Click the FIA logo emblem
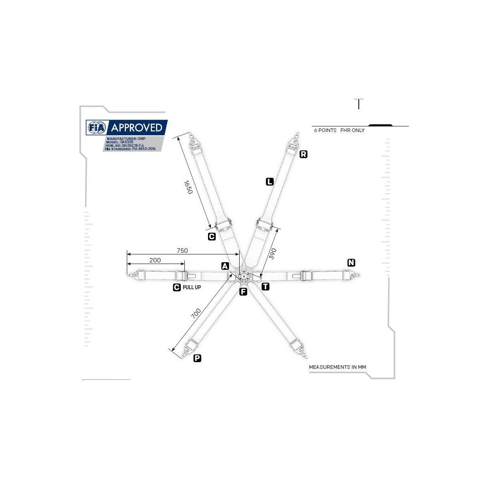pyautogui.click(x=97, y=128)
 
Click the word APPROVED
pyautogui.click(x=136, y=128)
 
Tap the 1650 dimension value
pyautogui.click(x=188, y=187)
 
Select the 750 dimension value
pyautogui.click(x=182, y=250)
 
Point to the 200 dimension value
pyautogui.click(x=155, y=260)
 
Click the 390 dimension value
pyautogui.click(x=273, y=254)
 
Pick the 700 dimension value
pyautogui.click(x=196, y=313)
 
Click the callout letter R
pyautogui.click(x=303, y=154)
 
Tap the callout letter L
pyautogui.click(x=270, y=182)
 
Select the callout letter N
pyautogui.click(x=351, y=262)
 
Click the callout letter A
pyautogui.click(x=225, y=266)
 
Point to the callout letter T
pyautogui.click(x=266, y=286)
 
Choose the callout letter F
pyautogui.click(x=243, y=292)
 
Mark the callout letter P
pyautogui.click(x=197, y=358)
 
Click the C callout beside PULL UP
pyautogui.click(x=177, y=287)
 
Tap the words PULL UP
pyautogui.click(x=192, y=287)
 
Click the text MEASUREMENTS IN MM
pyautogui.click(x=337, y=367)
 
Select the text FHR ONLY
pyautogui.click(x=352, y=130)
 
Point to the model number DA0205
pyautogui.click(x=127, y=142)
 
